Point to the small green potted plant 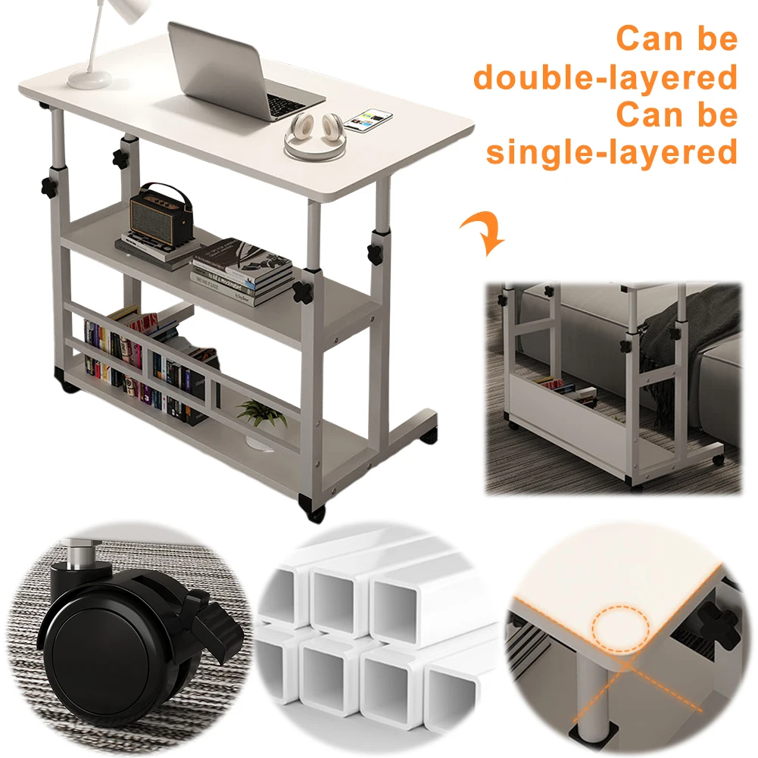click(261, 411)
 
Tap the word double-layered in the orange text click(605, 77)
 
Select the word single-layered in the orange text click(611, 152)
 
